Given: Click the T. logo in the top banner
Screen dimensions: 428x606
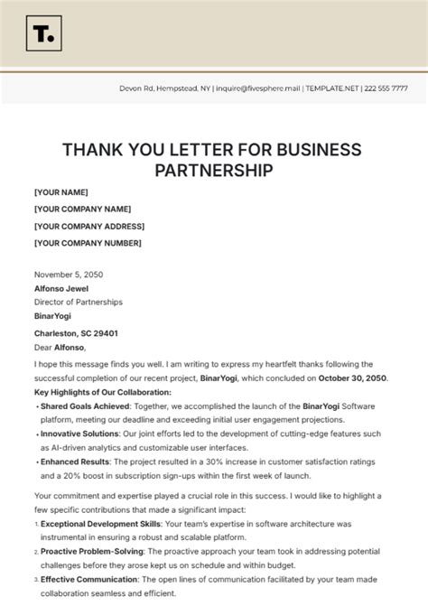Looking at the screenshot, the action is [41, 34].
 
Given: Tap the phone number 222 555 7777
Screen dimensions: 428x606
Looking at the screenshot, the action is [387, 89].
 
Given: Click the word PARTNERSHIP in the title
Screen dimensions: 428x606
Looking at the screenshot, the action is [213, 169].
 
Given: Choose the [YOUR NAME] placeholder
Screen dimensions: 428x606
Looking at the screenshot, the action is [60, 192].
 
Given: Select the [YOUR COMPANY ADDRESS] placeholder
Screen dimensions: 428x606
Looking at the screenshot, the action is [88, 226].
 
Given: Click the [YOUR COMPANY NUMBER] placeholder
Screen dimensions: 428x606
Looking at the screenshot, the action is [88, 242].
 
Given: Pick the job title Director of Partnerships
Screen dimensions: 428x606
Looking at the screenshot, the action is [78, 302].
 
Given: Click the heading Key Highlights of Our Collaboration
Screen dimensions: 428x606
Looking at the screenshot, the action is [102, 393].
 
